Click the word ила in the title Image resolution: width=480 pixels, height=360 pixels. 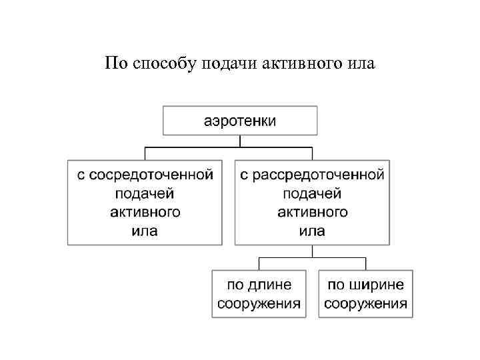[x=360, y=64]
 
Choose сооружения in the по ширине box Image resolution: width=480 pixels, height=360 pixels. [x=365, y=303]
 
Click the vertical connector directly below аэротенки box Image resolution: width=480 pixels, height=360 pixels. [x=240, y=141]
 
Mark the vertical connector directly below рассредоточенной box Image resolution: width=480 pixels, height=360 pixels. [x=312, y=251]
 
